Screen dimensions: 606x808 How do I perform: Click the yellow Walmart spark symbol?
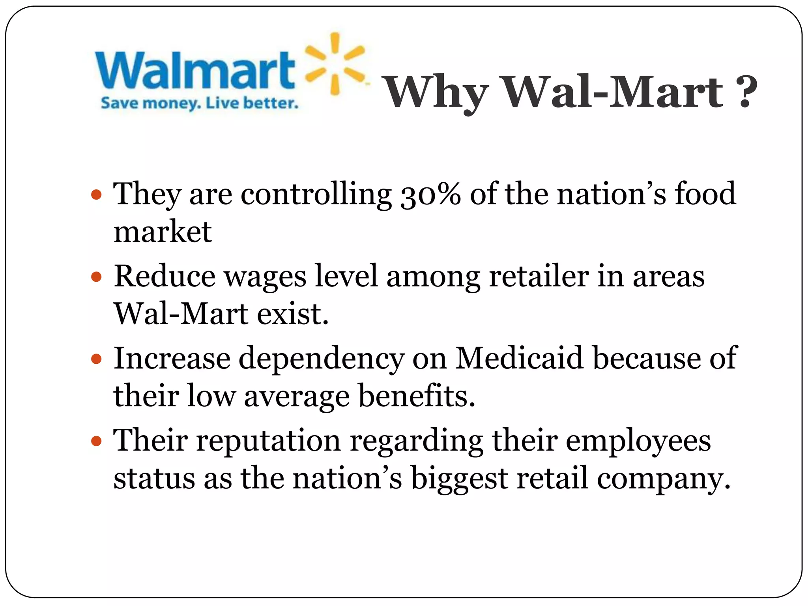335,64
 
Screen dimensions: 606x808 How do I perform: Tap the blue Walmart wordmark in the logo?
195,70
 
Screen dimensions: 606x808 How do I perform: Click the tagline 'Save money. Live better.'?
199,103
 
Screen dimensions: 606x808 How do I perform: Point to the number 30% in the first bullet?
430,194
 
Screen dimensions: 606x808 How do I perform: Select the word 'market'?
163,232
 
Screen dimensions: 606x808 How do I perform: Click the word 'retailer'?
539,276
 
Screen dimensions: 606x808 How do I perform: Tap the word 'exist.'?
293,314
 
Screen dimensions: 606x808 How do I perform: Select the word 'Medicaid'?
519,358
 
